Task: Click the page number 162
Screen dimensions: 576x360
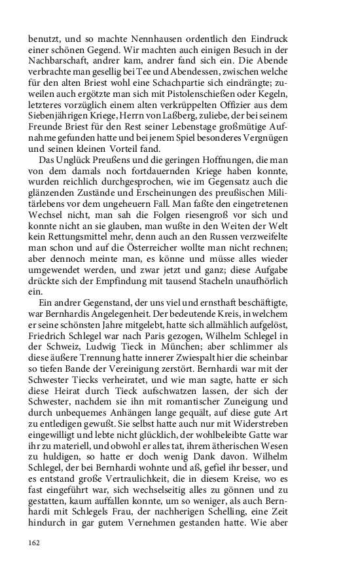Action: coord(35,542)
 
